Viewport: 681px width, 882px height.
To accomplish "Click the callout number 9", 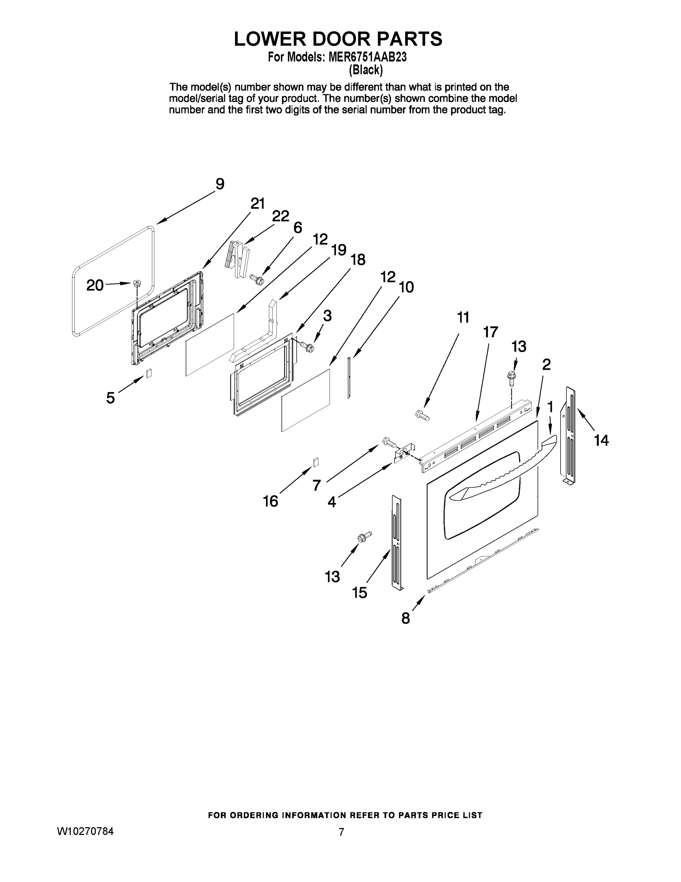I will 220,184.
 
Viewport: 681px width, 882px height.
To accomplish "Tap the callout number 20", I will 95,286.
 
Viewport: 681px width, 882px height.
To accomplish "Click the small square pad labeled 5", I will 149,373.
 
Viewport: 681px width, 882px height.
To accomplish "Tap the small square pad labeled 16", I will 316,462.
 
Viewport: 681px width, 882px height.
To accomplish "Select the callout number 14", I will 601,440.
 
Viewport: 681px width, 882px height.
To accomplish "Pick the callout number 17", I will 490,332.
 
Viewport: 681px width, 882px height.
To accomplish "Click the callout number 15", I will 359,593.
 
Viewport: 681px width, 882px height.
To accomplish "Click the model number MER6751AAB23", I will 367,57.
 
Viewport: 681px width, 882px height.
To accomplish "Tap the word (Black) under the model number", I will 366,70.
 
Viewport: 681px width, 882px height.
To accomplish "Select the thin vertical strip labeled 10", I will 349,377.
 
